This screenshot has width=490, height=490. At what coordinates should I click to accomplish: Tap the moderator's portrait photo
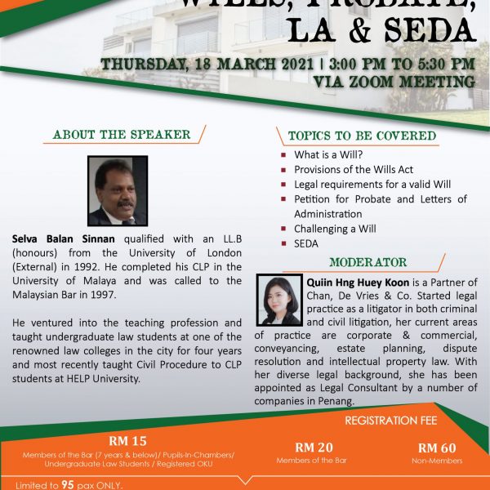tap(281, 301)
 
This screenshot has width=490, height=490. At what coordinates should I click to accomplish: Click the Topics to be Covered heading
tap(361, 136)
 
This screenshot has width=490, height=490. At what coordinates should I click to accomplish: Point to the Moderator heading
tap(367, 262)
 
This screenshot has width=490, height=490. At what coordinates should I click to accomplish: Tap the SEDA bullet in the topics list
tap(306, 244)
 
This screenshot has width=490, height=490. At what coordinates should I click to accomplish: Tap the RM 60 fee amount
tap(436, 448)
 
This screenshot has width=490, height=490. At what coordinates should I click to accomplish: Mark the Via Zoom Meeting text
tap(394, 82)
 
